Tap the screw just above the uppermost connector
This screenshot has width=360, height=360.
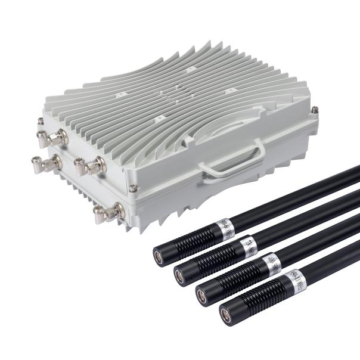click(41, 122)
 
